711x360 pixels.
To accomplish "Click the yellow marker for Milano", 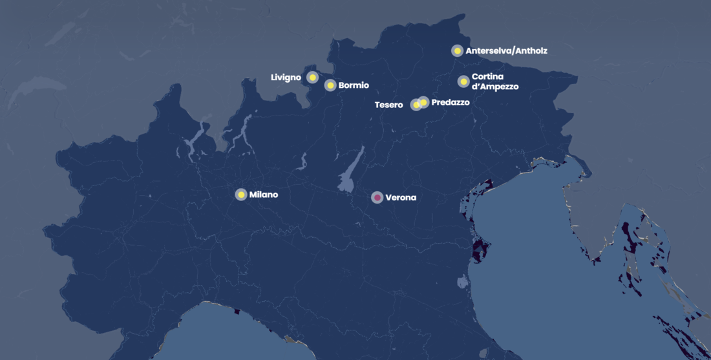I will [x=241, y=195].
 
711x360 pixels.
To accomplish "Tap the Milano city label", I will [x=264, y=195].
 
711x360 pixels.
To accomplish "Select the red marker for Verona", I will [x=377, y=197].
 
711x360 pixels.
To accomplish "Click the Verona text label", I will [x=401, y=198].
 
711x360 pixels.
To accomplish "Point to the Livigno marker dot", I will [x=312, y=78].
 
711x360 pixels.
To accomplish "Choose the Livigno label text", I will [x=286, y=78].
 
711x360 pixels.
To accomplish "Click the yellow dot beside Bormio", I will [x=330, y=85].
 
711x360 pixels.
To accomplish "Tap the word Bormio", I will [x=354, y=85].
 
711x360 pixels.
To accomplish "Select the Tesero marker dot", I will [x=416, y=105].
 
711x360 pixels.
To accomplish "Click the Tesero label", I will [x=388, y=105].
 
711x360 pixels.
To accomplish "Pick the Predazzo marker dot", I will [x=423, y=102].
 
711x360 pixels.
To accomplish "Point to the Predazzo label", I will [x=450, y=102].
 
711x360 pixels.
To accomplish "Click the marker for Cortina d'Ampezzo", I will [x=463, y=81].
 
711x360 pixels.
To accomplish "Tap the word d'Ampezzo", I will [x=495, y=87].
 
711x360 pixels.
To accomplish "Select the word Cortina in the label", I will [x=487, y=76].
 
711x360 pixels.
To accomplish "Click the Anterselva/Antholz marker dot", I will [x=457, y=50].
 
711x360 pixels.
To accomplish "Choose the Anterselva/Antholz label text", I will [x=506, y=50].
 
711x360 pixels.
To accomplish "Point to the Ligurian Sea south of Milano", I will [x=213, y=336].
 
